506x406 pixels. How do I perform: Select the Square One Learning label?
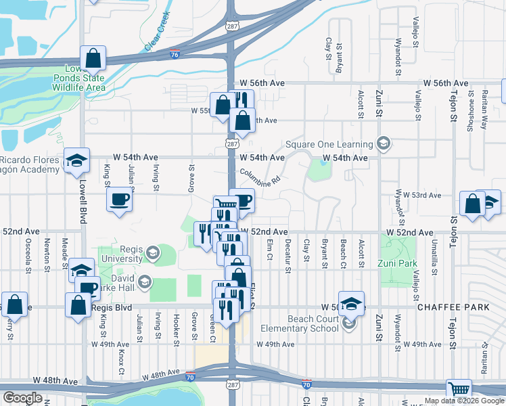(329, 144)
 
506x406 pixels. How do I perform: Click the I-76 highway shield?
(175, 53)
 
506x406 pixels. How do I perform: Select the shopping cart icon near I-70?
(459, 390)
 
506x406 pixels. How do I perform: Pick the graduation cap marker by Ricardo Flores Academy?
(76, 160)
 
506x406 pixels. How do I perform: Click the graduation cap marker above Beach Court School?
(351, 304)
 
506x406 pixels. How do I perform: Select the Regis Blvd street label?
(111, 307)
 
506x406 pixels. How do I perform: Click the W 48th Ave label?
(161, 373)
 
